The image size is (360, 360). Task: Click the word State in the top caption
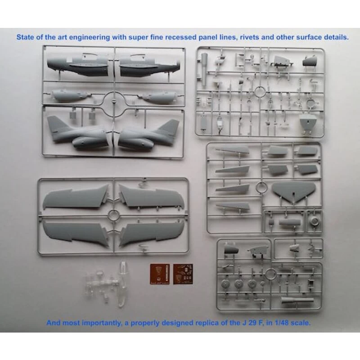point(25,37)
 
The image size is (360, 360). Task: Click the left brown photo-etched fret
point(160,274)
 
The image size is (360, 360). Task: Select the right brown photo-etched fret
point(183,274)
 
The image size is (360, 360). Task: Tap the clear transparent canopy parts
point(108,285)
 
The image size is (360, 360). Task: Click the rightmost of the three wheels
point(252,284)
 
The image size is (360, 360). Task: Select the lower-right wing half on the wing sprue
point(152,233)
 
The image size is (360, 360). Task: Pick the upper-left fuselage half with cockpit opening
point(77,66)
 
